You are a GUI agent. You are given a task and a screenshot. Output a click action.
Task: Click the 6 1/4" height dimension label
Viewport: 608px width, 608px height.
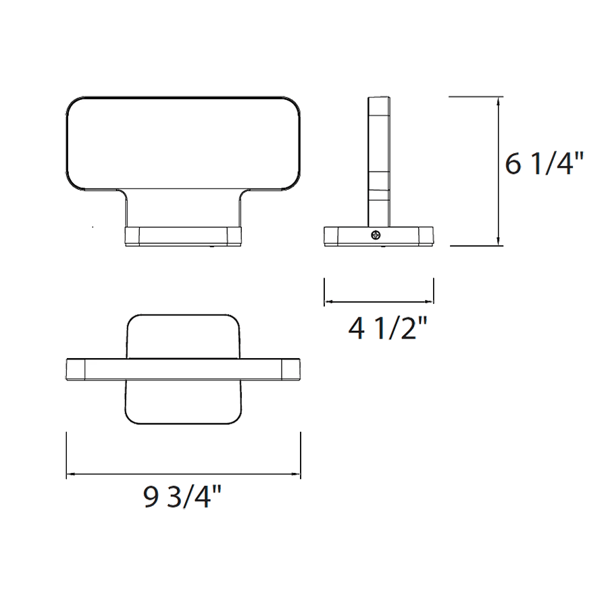point(544,164)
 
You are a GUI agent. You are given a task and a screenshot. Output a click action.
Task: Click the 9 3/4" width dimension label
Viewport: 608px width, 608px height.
point(182,498)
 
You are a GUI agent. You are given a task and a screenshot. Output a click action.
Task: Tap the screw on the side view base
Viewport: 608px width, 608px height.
point(375,235)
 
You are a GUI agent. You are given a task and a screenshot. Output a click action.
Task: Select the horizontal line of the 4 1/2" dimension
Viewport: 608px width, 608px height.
point(378,302)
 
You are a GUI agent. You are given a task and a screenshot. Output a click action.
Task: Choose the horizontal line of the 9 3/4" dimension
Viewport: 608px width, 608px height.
point(182,474)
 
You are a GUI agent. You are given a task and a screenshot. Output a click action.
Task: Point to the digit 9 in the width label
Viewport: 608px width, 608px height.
point(150,498)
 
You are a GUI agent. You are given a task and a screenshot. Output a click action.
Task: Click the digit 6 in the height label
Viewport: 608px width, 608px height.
point(514,164)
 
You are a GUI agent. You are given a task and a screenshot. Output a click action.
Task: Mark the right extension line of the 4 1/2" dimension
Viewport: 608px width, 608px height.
point(433,290)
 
